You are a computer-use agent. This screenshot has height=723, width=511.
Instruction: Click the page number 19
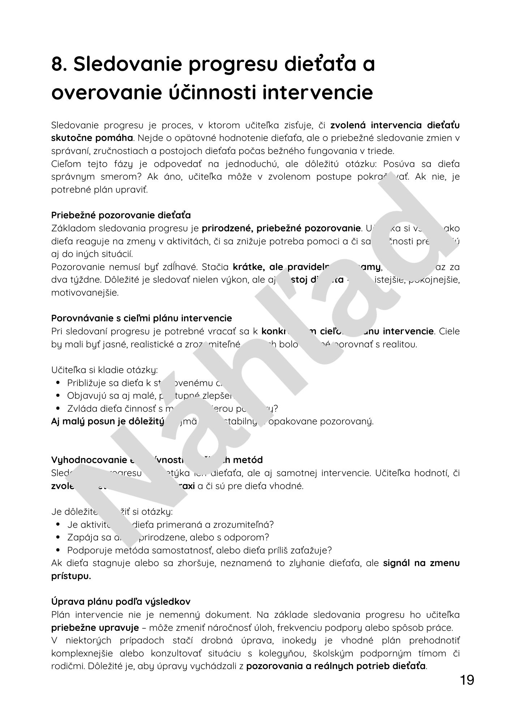click(467, 681)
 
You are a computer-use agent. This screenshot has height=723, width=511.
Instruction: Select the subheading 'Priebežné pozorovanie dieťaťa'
click(121, 215)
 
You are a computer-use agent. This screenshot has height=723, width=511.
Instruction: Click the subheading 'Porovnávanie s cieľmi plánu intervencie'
click(141, 318)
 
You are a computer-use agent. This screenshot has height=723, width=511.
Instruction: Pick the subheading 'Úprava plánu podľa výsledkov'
click(121, 602)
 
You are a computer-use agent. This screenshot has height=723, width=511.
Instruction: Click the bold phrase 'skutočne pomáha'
click(92, 138)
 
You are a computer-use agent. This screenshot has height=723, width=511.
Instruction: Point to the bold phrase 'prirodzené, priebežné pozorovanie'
click(281, 228)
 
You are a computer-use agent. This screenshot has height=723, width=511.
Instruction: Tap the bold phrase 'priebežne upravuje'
click(95, 628)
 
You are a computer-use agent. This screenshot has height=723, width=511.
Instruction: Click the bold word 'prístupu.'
click(71, 576)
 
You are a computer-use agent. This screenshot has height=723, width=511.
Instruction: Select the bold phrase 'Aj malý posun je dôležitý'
click(108, 422)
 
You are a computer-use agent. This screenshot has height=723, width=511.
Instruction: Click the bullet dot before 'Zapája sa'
click(58, 538)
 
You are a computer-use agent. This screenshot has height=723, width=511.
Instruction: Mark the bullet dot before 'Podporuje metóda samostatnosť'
click(58, 551)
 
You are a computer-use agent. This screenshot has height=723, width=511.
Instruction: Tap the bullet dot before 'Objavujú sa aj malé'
click(58, 396)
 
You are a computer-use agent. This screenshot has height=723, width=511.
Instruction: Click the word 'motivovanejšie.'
click(85, 293)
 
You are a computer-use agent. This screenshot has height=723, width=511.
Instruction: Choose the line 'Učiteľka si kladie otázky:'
click(104, 370)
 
